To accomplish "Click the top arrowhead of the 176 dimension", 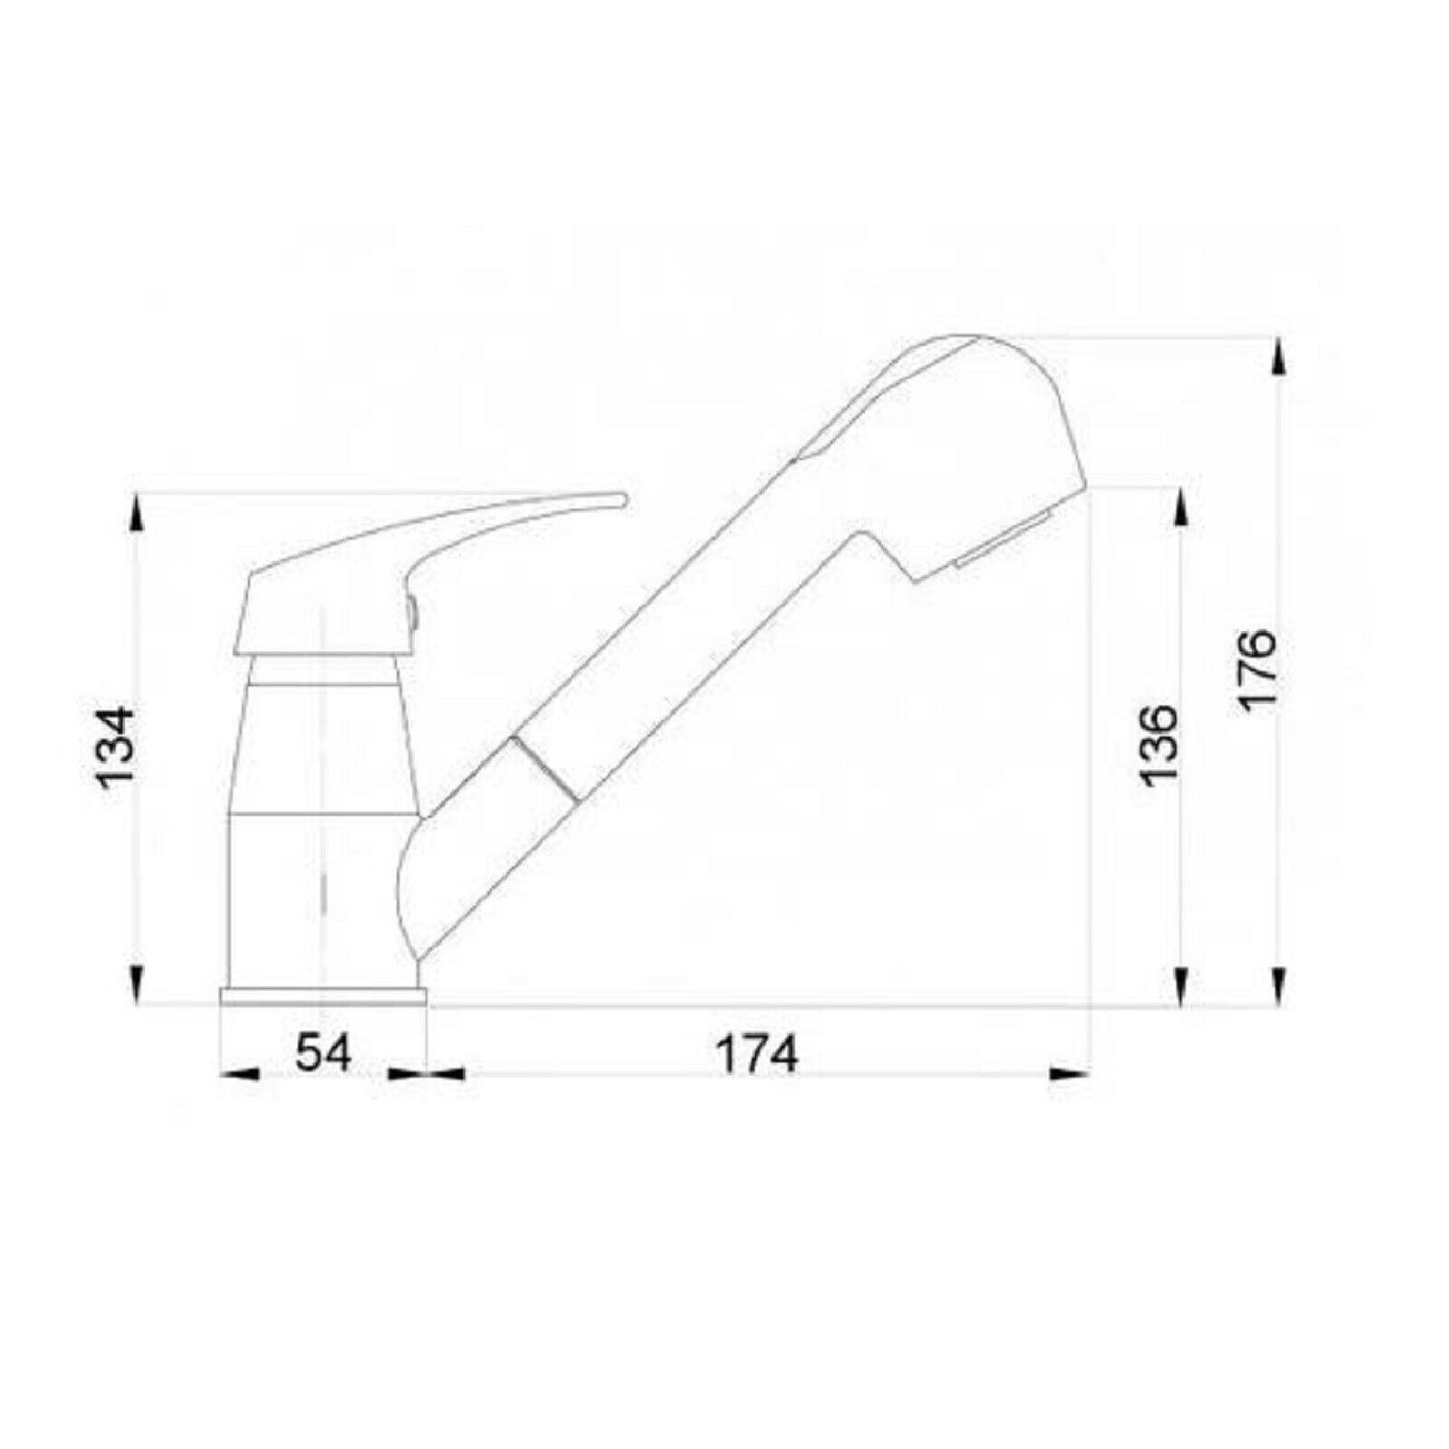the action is (1279, 357).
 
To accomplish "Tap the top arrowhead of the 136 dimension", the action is (1181, 507).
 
